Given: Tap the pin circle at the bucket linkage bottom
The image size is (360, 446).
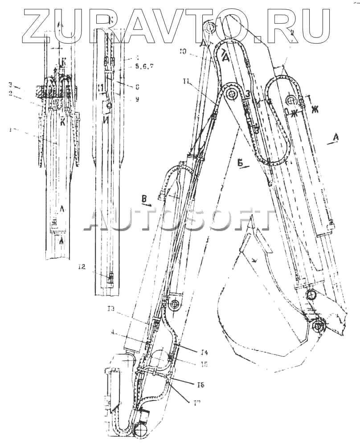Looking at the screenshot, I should point(317,326).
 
